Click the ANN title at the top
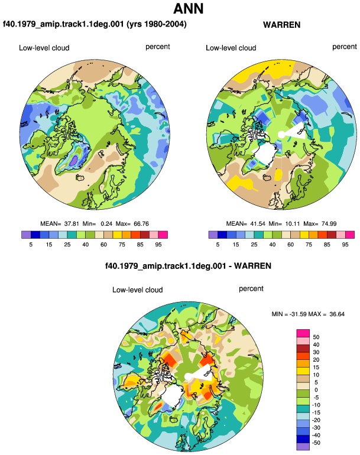click(189, 8)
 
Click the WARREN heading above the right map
click(281, 25)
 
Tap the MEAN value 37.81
click(72, 224)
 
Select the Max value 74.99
click(329, 224)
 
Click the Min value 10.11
click(292, 224)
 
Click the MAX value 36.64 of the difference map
click(337, 314)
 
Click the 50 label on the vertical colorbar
click(316, 337)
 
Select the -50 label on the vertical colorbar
click(316, 443)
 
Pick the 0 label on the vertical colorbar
click(316, 390)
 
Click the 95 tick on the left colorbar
click(158, 245)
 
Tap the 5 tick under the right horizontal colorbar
click(218, 245)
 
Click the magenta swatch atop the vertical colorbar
click(303, 333)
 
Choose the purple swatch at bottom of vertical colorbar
click(303, 447)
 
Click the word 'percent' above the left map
click(158, 47)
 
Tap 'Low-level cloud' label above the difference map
click(137, 290)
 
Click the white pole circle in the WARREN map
click(281, 135)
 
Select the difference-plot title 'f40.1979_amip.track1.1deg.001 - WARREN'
click(188, 266)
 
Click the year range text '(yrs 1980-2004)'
click(157, 24)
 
